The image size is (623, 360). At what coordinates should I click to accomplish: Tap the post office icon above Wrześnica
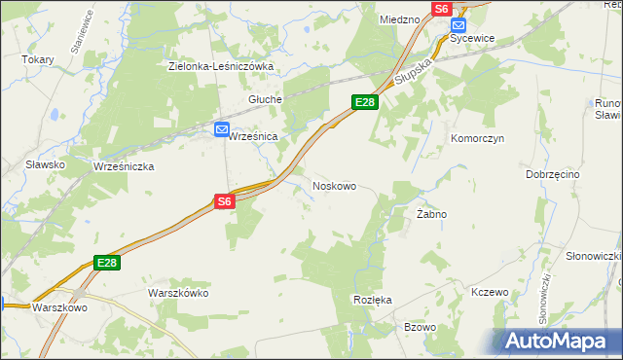pos(222,128)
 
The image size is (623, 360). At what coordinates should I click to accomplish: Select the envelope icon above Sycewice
pos(459,25)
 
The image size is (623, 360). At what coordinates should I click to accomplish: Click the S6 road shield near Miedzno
pos(441,8)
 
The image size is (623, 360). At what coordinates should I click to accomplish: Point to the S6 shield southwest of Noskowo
pos(225,201)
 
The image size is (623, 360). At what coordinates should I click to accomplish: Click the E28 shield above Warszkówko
pos(107,263)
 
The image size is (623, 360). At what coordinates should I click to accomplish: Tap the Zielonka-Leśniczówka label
pos(220,66)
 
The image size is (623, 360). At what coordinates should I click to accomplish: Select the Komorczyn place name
pos(476,138)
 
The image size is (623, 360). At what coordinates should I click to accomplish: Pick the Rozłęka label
pos(373,300)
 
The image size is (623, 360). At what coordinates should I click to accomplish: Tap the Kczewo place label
pos(490,292)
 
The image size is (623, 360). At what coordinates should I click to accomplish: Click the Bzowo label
pos(420,327)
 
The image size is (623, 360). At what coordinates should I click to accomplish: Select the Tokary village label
pos(38,58)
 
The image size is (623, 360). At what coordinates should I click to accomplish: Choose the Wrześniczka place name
pos(124,166)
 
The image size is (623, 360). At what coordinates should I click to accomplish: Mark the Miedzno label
pos(399,18)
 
